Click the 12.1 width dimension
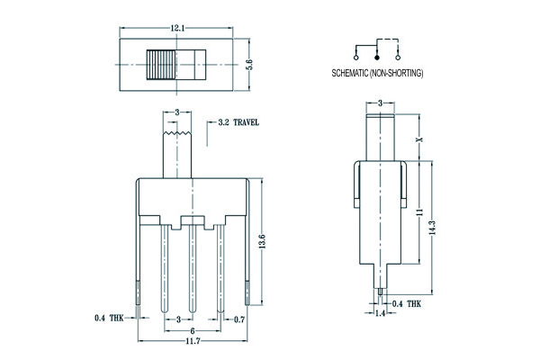pos(176,30)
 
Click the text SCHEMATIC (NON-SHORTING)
pos(377,72)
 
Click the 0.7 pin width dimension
pos(240,319)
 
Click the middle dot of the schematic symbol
pos(377,56)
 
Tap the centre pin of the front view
pos(191,270)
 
